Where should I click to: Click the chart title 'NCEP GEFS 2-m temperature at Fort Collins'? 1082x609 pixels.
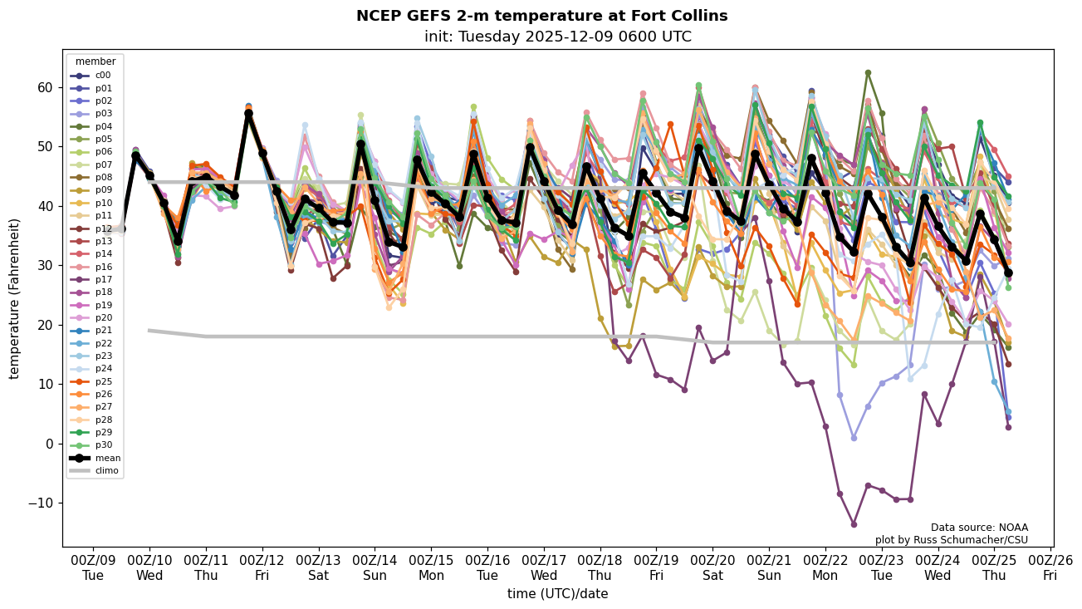point(541,16)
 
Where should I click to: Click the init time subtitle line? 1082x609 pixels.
point(557,37)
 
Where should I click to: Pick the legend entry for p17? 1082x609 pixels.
point(103,280)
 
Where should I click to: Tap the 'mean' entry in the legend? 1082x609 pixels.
point(107,458)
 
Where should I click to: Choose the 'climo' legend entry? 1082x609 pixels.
point(107,470)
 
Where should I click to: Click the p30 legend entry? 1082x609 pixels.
point(103,445)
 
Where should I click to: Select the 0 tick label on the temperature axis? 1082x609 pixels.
point(47,444)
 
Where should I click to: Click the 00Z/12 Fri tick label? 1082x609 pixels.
point(262,567)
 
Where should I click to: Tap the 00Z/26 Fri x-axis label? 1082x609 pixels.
point(1050,567)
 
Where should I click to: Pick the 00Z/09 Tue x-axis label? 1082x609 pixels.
point(93,567)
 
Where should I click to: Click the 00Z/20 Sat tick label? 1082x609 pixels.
point(712,567)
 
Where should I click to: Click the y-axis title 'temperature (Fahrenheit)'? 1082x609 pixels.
point(15,298)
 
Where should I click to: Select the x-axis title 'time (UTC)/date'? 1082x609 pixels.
point(557,594)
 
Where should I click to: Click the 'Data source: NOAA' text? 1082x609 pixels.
point(979,528)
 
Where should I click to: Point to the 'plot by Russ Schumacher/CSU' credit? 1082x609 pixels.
point(951,540)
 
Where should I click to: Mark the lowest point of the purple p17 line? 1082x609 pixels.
point(854,524)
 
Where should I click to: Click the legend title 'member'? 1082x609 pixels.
point(95,61)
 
